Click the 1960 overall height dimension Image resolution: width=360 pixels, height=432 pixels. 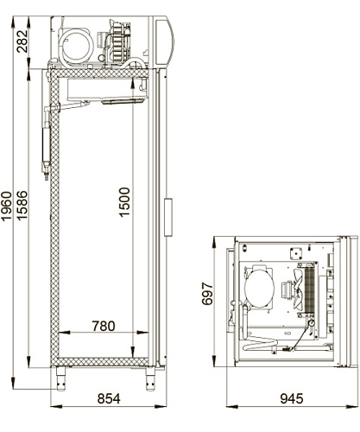pyautogui.click(x=6, y=206)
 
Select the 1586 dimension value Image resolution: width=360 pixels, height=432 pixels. pyautogui.click(x=22, y=206)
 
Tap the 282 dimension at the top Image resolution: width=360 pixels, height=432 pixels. pyautogui.click(x=22, y=41)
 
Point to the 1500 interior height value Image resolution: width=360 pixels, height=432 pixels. pyautogui.click(x=124, y=202)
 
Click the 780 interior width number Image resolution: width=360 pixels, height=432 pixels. pyautogui.click(x=104, y=326)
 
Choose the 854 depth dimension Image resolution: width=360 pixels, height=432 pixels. pyautogui.click(x=109, y=399)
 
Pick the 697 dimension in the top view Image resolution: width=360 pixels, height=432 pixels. pyautogui.click(x=207, y=294)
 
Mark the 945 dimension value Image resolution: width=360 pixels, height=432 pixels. pyautogui.click(x=292, y=399)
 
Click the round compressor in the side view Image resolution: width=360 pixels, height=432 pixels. pyautogui.click(x=76, y=47)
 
